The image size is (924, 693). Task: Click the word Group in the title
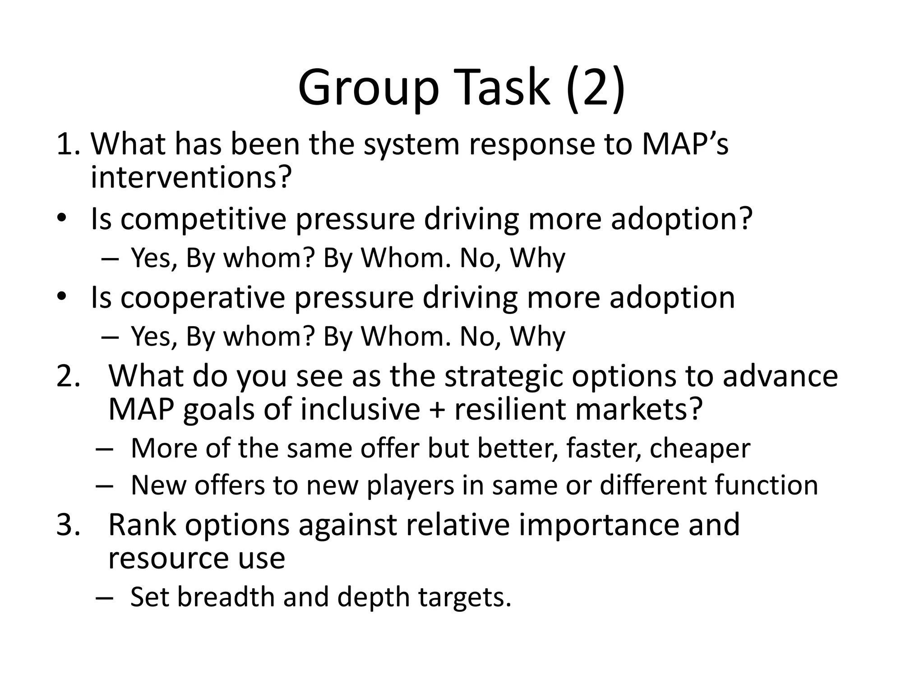pos(368,88)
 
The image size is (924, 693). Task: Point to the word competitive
pos(203,219)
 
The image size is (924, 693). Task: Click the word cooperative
pos(203,298)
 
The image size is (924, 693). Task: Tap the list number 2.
pos(68,375)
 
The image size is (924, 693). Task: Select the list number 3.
pos(68,525)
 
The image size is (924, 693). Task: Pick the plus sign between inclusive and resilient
pos(437,410)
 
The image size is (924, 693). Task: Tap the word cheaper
pos(700,448)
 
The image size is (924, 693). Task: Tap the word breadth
pos(226,597)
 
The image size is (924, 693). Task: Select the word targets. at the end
pos(465,598)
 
